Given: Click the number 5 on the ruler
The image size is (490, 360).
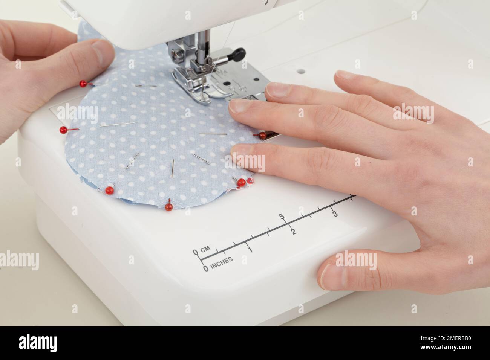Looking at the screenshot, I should (x=281, y=216).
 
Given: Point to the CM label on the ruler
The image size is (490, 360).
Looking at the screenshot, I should (x=205, y=250).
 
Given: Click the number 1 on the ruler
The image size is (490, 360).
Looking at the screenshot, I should (x=249, y=249).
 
